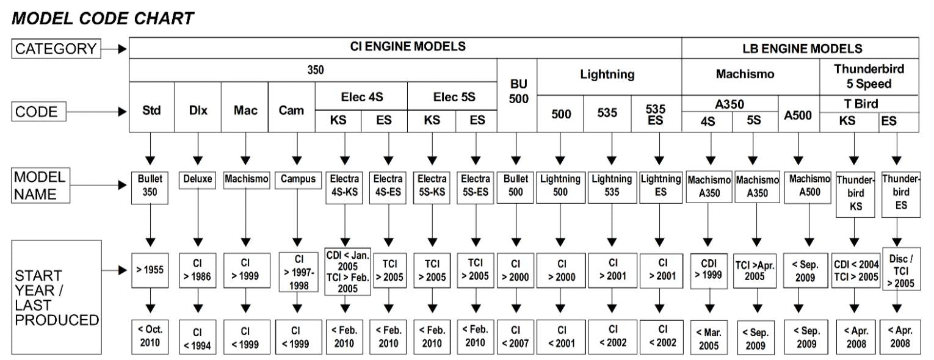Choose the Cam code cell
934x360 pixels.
coord(292,112)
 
